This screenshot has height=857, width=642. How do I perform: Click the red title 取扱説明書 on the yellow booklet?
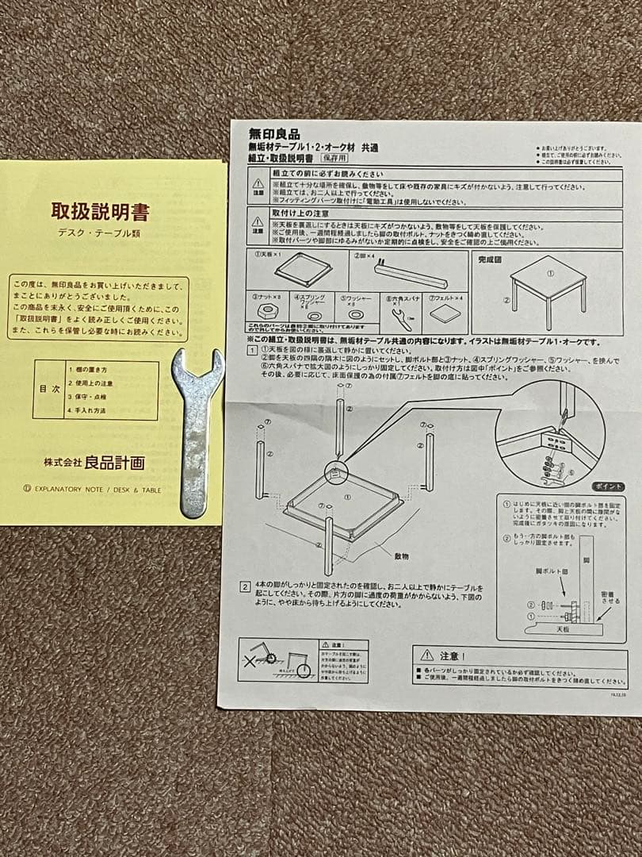(100, 212)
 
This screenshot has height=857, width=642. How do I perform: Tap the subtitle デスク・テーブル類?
(100, 234)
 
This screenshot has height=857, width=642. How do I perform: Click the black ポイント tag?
(607, 486)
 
